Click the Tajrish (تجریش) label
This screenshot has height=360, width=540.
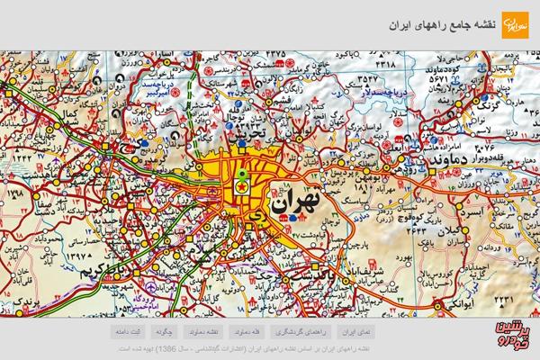click(253, 134)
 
